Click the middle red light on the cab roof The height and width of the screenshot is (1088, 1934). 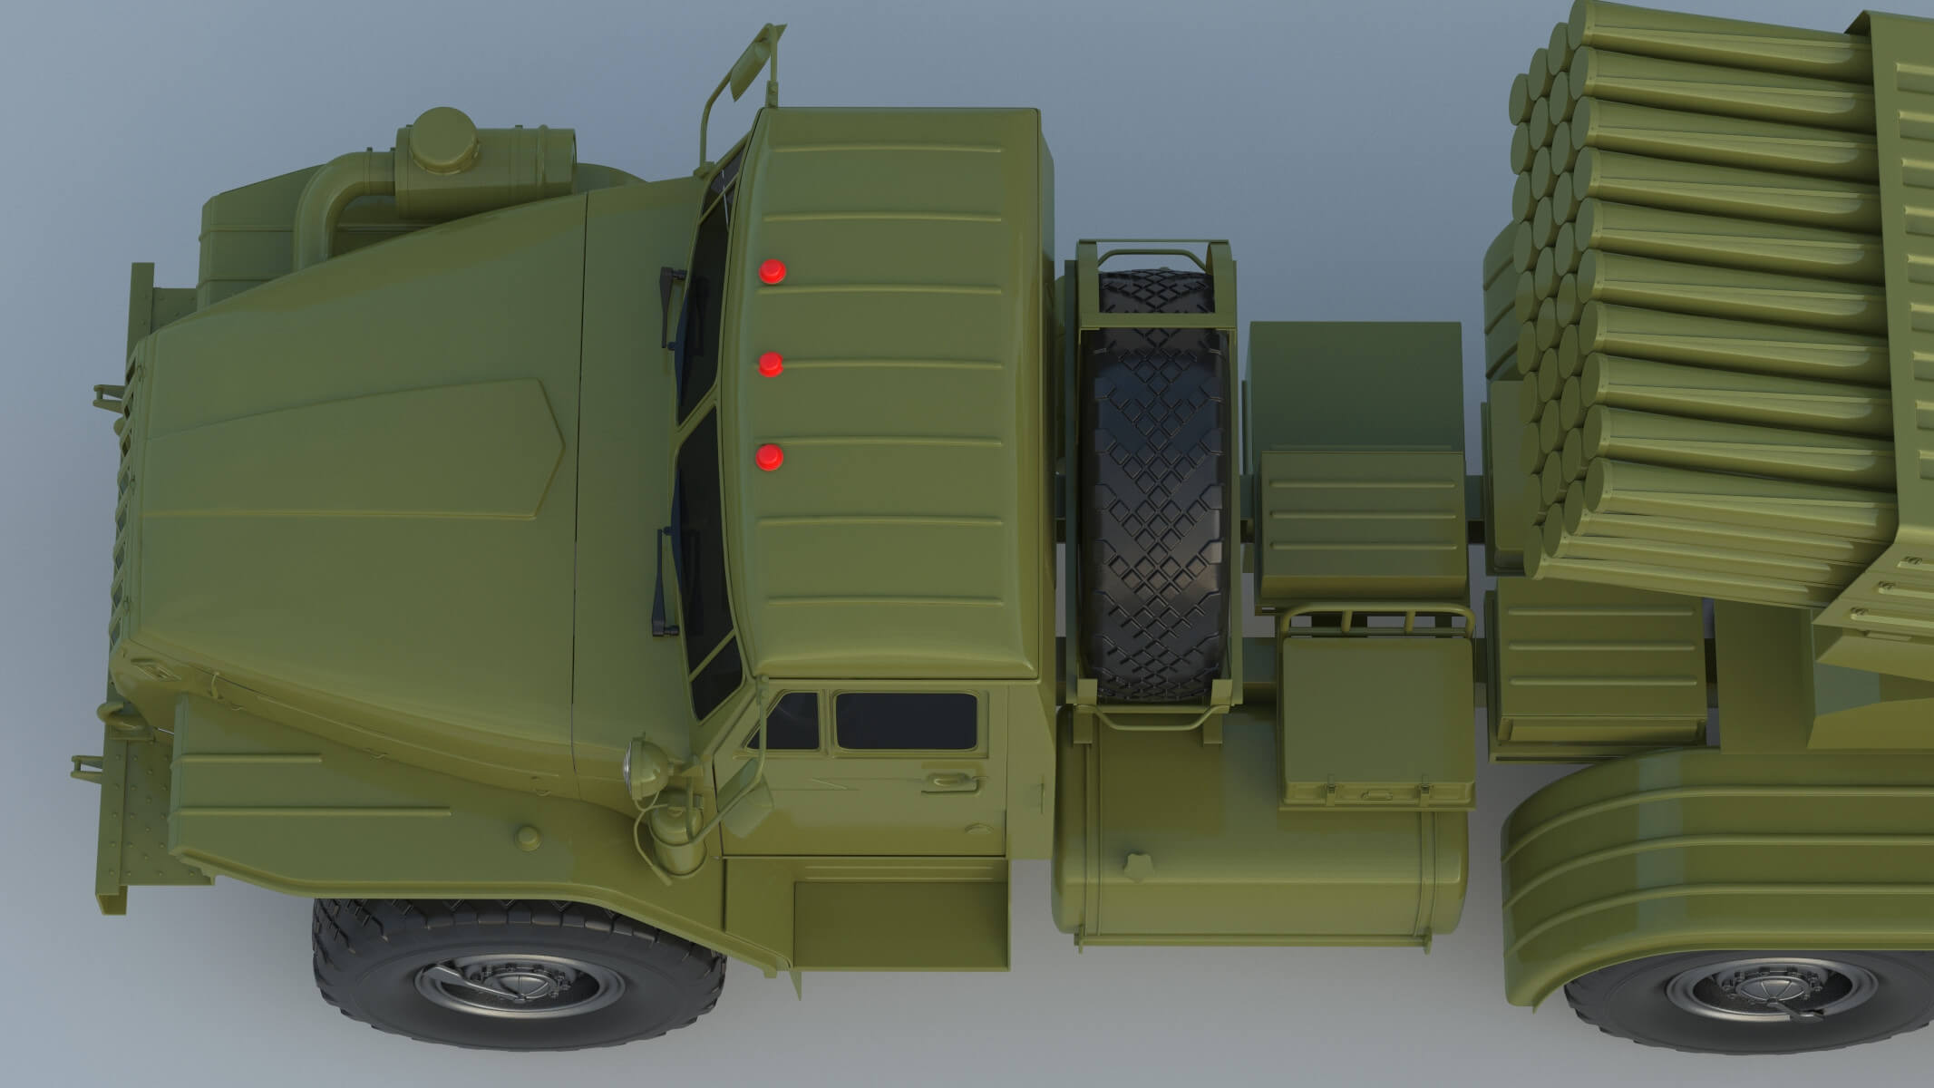[770, 364]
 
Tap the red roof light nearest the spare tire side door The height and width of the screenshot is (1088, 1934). [770, 458]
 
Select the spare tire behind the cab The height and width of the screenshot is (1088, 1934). [1153, 490]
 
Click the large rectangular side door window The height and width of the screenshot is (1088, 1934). [905, 721]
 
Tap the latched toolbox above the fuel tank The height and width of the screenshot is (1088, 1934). [1375, 716]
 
